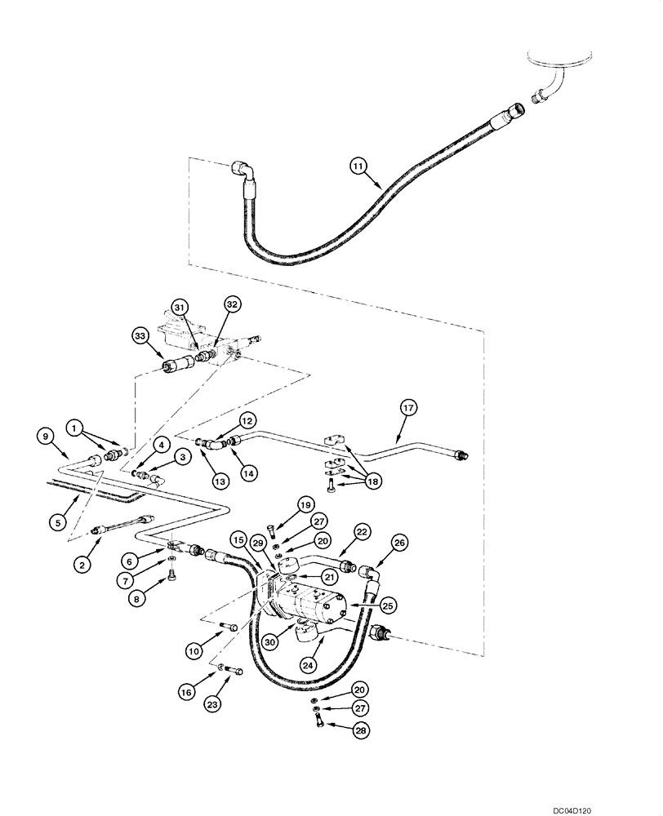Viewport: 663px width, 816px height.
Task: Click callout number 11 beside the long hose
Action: point(358,166)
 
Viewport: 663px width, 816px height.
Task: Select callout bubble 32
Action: point(232,304)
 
